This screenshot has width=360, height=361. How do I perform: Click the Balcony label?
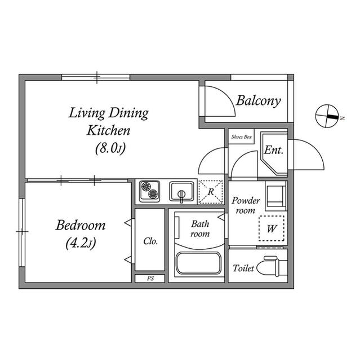[x=259, y=101]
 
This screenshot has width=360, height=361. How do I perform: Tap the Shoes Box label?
[x=241, y=137]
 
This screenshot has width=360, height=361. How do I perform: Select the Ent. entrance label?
[x=274, y=150]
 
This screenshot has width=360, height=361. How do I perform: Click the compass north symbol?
[x=327, y=116]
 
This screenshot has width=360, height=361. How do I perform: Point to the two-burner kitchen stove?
[x=149, y=191]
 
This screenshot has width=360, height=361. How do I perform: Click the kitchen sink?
[x=181, y=192]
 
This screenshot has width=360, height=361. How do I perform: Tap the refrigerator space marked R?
[x=211, y=192]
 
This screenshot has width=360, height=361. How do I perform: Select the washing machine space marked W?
[x=272, y=228]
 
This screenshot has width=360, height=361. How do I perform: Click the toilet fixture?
[x=272, y=266]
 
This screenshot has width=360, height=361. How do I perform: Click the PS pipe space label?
[x=150, y=278]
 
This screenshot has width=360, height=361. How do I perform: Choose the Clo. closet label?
[x=150, y=241]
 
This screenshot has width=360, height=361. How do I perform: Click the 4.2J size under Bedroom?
[x=81, y=243]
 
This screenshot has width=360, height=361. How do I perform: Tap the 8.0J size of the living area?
[x=110, y=148]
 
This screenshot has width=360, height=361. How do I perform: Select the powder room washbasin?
[x=275, y=196]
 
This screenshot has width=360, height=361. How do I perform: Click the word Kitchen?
[x=109, y=130]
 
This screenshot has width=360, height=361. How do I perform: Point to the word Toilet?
[x=243, y=268]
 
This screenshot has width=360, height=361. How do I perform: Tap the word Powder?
[x=246, y=201]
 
